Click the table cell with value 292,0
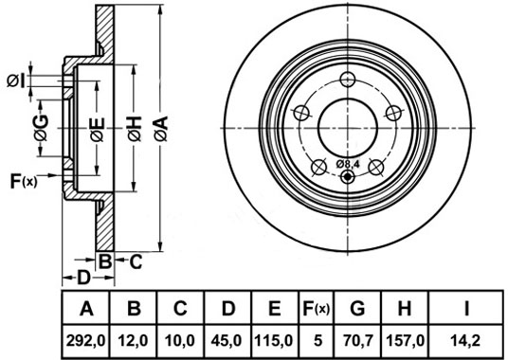(86, 340)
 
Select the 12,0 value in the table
(133, 340)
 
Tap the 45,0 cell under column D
(227, 340)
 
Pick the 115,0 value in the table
(274, 340)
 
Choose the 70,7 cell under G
(357, 340)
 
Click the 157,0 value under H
(405, 340)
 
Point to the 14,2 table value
(466, 340)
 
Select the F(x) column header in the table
(316, 308)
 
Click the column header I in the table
(466, 308)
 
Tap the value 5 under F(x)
(318, 340)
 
